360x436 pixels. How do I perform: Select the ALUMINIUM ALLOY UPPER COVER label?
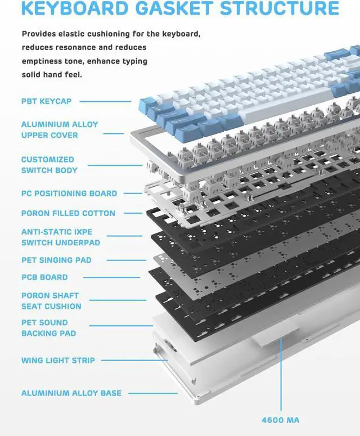[60, 129]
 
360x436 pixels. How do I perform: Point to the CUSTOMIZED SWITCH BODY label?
[49, 165]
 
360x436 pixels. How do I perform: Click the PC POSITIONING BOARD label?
[69, 194]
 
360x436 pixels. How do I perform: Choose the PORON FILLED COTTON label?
[68, 213]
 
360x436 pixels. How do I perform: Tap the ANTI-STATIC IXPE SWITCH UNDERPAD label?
[61, 237]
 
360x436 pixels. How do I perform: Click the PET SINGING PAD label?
[56, 260]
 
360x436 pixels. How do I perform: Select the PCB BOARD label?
[44, 277]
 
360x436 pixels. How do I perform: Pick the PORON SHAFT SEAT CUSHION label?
[51, 301]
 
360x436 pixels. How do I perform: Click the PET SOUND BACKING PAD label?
[48, 328]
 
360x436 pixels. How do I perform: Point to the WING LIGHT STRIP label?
[58, 360]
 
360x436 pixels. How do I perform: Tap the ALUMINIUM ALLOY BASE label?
[71, 393]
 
